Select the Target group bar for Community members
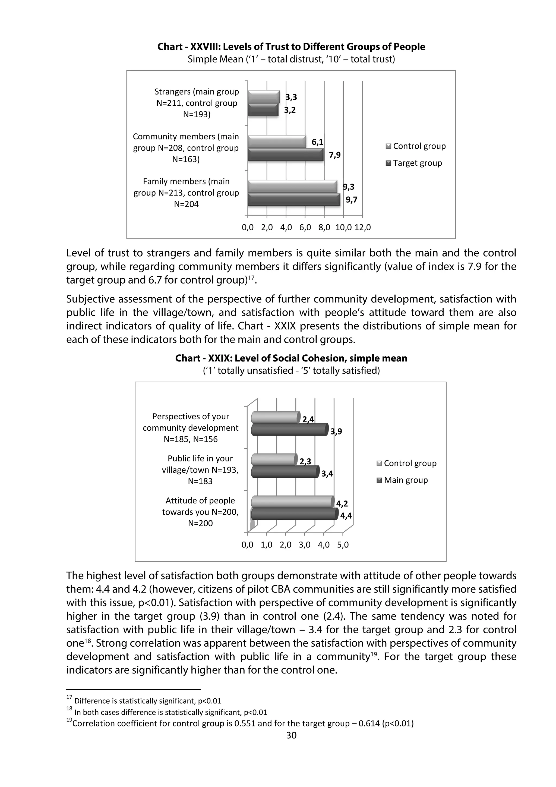click(285, 155)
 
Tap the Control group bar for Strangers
click(263, 97)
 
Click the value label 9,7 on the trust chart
click(351, 200)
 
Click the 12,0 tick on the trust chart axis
click(362, 228)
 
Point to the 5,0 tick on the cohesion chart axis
click(343, 545)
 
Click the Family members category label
click(186, 193)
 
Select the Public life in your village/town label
click(200, 470)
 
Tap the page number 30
click(291, 735)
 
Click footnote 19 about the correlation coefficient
click(240, 723)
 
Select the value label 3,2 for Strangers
click(290, 110)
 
